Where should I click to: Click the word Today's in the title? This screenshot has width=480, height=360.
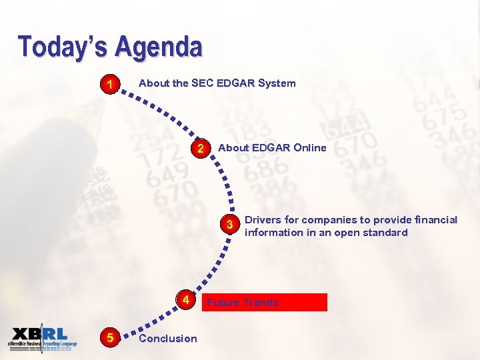coord(64,47)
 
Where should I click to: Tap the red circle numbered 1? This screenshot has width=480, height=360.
coord(109,85)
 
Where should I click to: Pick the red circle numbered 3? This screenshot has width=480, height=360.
coord(229,225)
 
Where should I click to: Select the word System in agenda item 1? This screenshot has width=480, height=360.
coord(277,83)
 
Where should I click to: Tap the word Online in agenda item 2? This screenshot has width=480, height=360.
coord(309,148)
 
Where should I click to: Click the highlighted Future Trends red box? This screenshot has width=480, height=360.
coord(267,303)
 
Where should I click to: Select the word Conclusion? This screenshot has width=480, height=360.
coord(168,339)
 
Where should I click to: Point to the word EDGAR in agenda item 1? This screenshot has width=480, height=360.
coord(235,83)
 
